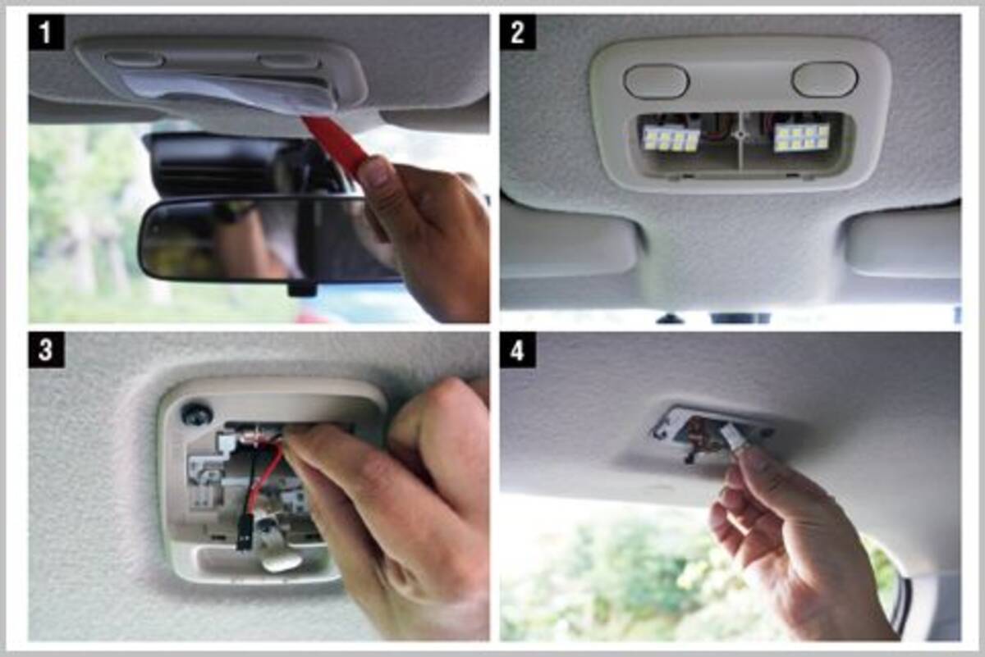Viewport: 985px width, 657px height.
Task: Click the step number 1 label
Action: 46,32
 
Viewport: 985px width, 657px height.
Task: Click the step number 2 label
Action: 518,32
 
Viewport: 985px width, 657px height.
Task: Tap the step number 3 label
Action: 46,349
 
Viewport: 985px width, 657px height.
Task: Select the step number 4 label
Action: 518,349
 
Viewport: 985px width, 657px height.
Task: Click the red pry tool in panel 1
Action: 338,140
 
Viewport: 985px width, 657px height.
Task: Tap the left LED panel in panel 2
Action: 671,139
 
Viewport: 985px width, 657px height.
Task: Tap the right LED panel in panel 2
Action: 801,137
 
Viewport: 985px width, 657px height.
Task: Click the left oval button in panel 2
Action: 656,80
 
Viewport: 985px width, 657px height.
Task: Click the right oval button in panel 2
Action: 824,79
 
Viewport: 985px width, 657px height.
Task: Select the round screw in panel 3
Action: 196,413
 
